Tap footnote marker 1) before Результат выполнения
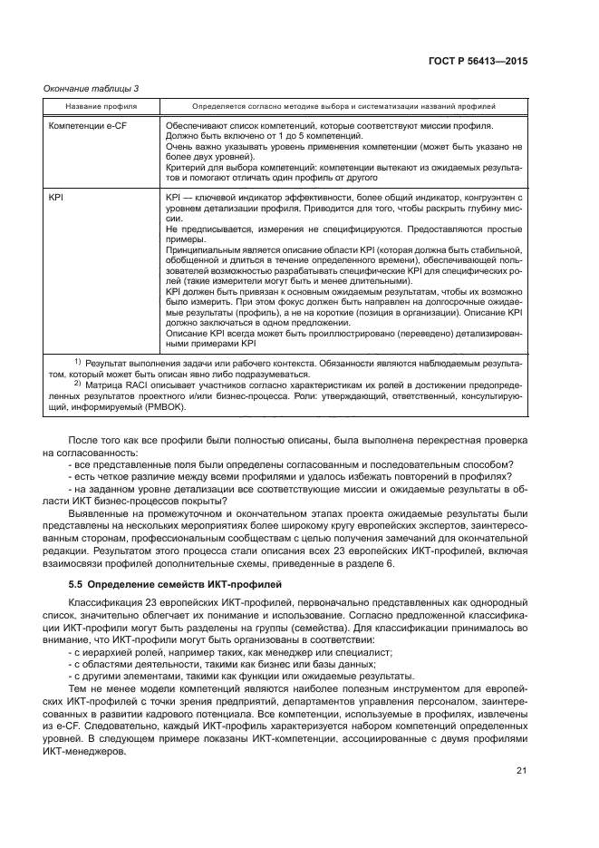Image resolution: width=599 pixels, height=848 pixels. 77,362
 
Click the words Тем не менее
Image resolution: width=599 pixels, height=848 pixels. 94,687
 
